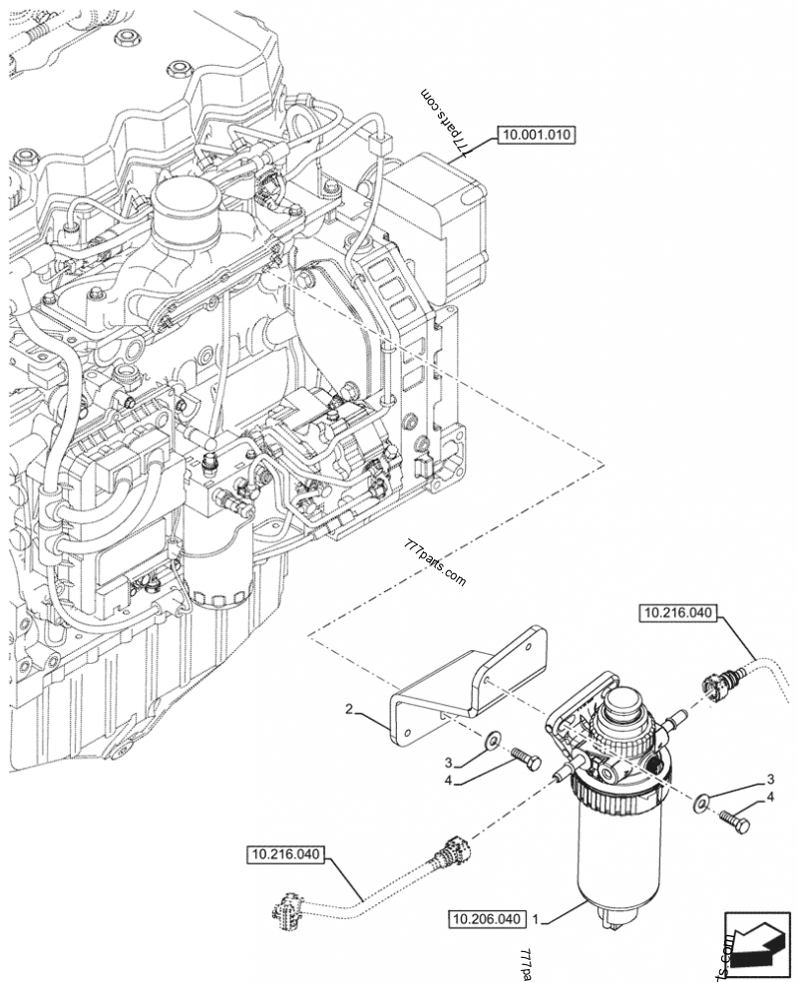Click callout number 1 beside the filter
pyautogui.click(x=538, y=916)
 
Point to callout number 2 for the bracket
pyautogui.click(x=349, y=710)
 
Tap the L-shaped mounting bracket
pyautogui.click(x=469, y=683)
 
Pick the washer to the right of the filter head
pyautogui.click(x=704, y=798)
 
